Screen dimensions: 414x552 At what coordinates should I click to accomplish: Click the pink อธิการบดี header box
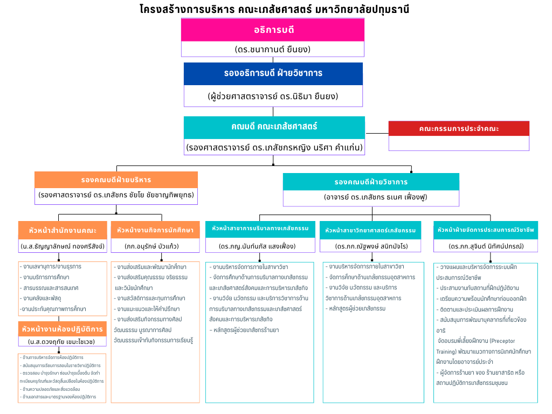pyautogui.click(x=273, y=30)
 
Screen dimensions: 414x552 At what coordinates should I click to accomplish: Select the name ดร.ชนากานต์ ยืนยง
pyautogui.click(x=273, y=49)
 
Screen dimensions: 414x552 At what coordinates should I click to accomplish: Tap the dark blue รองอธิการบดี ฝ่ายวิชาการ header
pyautogui.click(x=273, y=73)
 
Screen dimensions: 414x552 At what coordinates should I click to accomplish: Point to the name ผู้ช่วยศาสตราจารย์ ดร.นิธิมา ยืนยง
pyautogui.click(x=273, y=96)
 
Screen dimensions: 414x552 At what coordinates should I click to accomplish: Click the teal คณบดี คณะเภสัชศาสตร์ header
pyautogui.click(x=274, y=127)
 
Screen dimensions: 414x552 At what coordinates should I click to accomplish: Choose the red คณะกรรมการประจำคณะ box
pyautogui.click(x=459, y=129)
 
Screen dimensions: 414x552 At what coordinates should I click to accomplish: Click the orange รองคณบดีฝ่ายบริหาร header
pyautogui.click(x=116, y=180)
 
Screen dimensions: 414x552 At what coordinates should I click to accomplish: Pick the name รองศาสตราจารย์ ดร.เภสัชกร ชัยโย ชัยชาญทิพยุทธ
pyautogui.click(x=116, y=195)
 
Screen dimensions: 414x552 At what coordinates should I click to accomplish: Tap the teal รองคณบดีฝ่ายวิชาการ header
pyautogui.click(x=371, y=182)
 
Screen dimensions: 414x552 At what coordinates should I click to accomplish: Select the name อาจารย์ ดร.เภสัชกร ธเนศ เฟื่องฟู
pyautogui.click(x=371, y=197)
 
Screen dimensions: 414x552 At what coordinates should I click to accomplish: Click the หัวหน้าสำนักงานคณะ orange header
pyautogui.click(x=63, y=230)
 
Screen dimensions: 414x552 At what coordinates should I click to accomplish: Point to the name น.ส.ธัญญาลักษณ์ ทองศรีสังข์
pyautogui.click(x=63, y=246)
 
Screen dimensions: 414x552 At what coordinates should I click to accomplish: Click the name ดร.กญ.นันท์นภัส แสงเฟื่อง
pyautogui.click(x=259, y=246)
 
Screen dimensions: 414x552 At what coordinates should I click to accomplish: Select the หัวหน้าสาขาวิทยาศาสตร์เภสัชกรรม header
pyautogui.click(x=371, y=230)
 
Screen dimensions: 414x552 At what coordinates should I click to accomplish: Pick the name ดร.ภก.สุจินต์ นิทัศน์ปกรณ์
pyautogui.click(x=486, y=246)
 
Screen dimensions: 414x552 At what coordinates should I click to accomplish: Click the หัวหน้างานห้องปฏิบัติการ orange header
pyautogui.click(x=63, y=329)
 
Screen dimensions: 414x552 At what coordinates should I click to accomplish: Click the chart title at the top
pyautogui.click(x=274, y=9)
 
